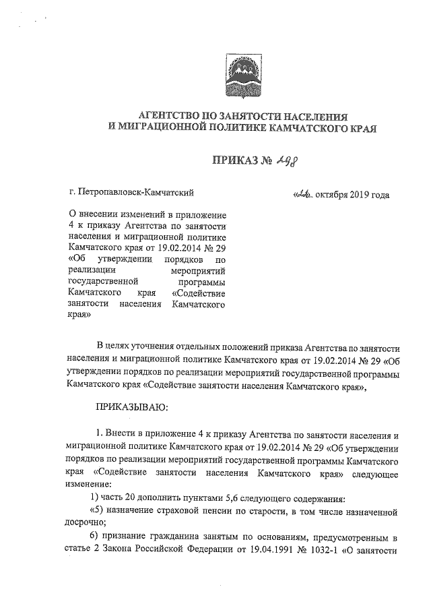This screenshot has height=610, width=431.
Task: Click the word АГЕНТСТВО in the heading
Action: pyautogui.click(x=162, y=116)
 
